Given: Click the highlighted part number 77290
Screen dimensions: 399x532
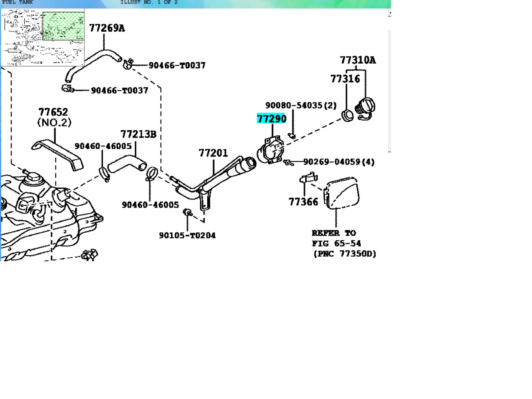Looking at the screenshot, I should click(x=271, y=118).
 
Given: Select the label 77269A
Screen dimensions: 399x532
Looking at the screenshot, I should click(x=107, y=28).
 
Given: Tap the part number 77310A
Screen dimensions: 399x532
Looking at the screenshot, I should click(x=357, y=60).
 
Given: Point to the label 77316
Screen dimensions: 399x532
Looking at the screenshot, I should click(x=345, y=79).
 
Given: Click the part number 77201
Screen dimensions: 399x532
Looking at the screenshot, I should click(x=213, y=153).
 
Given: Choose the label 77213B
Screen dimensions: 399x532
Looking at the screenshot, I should click(x=138, y=134).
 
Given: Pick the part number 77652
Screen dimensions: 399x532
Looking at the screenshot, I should click(x=53, y=112).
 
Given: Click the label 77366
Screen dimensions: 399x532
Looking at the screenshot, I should click(x=303, y=202).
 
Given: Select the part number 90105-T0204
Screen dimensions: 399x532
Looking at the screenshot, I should click(x=187, y=235).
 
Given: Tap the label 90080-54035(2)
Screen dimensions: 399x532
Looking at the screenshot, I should click(x=301, y=105).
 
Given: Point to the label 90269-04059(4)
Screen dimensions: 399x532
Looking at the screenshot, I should click(x=339, y=162).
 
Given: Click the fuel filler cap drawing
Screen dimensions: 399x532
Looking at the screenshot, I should click(x=365, y=108).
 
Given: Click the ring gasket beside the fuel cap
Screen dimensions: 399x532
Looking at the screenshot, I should click(x=348, y=115).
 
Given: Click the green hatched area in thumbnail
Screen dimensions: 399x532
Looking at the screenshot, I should click(x=63, y=26).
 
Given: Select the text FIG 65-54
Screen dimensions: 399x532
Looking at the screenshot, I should click(x=336, y=243).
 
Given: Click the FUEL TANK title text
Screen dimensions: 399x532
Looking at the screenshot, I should click(x=17, y=2).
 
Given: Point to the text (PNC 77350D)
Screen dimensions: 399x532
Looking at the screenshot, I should click(x=344, y=254).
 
